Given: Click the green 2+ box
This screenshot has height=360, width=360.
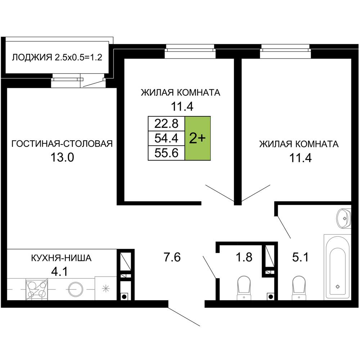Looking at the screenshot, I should [198, 138].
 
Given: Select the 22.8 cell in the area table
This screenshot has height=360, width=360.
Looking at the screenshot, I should [167, 123].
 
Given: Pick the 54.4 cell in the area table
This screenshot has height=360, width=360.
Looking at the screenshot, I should [167, 138].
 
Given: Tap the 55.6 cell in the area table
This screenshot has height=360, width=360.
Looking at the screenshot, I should [167, 153].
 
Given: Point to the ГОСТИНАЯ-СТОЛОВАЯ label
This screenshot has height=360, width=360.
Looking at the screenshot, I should [62, 144].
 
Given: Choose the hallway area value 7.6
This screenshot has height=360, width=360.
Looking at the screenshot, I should [171, 258].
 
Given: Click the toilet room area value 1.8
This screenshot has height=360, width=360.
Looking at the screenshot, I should [244, 258].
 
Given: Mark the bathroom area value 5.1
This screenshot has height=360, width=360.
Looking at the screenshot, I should [300, 258].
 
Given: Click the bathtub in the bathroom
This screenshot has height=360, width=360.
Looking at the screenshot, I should [337, 268].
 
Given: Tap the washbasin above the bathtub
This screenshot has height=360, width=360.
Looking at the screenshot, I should [344, 217].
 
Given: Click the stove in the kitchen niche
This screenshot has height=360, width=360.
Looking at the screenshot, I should [37, 288].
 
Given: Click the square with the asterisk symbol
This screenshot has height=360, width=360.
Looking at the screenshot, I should [105, 288].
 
